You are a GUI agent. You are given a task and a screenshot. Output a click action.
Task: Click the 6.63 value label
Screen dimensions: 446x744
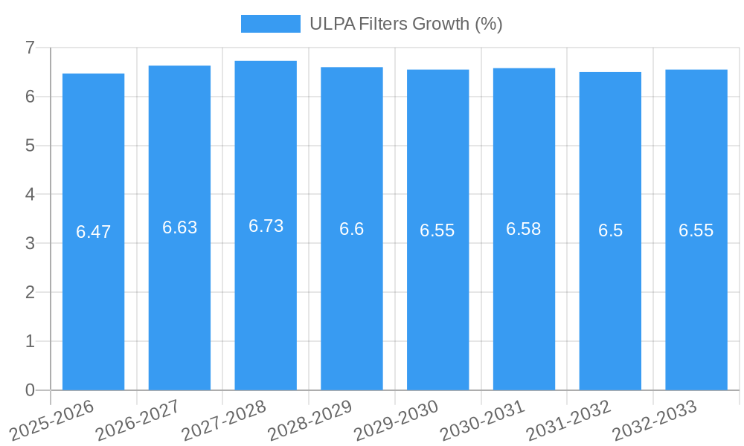(179, 227)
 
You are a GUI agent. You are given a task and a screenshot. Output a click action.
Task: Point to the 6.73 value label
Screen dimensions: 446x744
(266, 226)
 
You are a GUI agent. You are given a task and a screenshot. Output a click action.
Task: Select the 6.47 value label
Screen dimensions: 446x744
(93, 232)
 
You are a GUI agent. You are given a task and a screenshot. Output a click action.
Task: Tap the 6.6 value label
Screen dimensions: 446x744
(351, 229)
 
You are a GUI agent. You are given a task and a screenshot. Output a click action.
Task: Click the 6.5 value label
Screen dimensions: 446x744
(610, 230)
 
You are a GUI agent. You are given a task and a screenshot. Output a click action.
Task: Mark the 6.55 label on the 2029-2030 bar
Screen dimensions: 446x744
(437, 230)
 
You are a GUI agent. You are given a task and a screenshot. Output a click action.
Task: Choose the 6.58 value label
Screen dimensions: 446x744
(524, 229)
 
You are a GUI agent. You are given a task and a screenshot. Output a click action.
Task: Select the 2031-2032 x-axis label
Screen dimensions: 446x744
(568, 420)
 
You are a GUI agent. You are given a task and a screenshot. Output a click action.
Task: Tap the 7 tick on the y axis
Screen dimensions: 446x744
(30, 48)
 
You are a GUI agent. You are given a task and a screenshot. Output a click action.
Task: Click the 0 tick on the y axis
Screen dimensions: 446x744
(30, 390)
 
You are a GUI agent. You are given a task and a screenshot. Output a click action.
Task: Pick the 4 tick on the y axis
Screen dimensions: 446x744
(30, 194)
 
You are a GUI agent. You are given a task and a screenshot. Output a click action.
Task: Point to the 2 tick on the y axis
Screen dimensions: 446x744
(30, 292)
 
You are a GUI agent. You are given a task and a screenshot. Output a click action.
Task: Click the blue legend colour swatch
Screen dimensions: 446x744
(270, 24)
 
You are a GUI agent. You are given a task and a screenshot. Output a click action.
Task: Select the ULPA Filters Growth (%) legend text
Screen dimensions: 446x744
(406, 24)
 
